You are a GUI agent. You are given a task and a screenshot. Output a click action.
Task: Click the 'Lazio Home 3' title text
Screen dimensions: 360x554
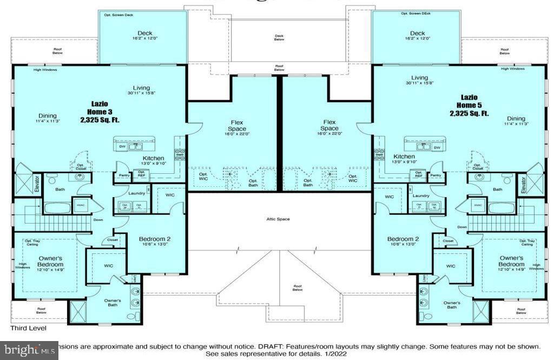[99, 107]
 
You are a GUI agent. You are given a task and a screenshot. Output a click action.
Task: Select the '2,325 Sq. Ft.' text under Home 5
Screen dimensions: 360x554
[469, 114]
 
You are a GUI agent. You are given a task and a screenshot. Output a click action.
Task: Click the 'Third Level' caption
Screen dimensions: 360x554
[29, 328]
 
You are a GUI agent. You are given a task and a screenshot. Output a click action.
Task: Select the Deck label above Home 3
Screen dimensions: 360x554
[144, 33]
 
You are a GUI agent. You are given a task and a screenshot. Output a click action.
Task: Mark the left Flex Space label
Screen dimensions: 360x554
[236, 126]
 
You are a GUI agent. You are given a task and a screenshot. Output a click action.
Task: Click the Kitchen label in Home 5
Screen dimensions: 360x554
[404, 156]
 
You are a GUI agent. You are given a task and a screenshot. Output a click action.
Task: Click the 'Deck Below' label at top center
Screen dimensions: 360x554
[279, 37]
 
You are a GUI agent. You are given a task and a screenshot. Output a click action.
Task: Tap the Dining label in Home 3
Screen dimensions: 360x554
[48, 115]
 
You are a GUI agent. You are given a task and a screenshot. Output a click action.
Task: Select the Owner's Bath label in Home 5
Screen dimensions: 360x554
[452, 305]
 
